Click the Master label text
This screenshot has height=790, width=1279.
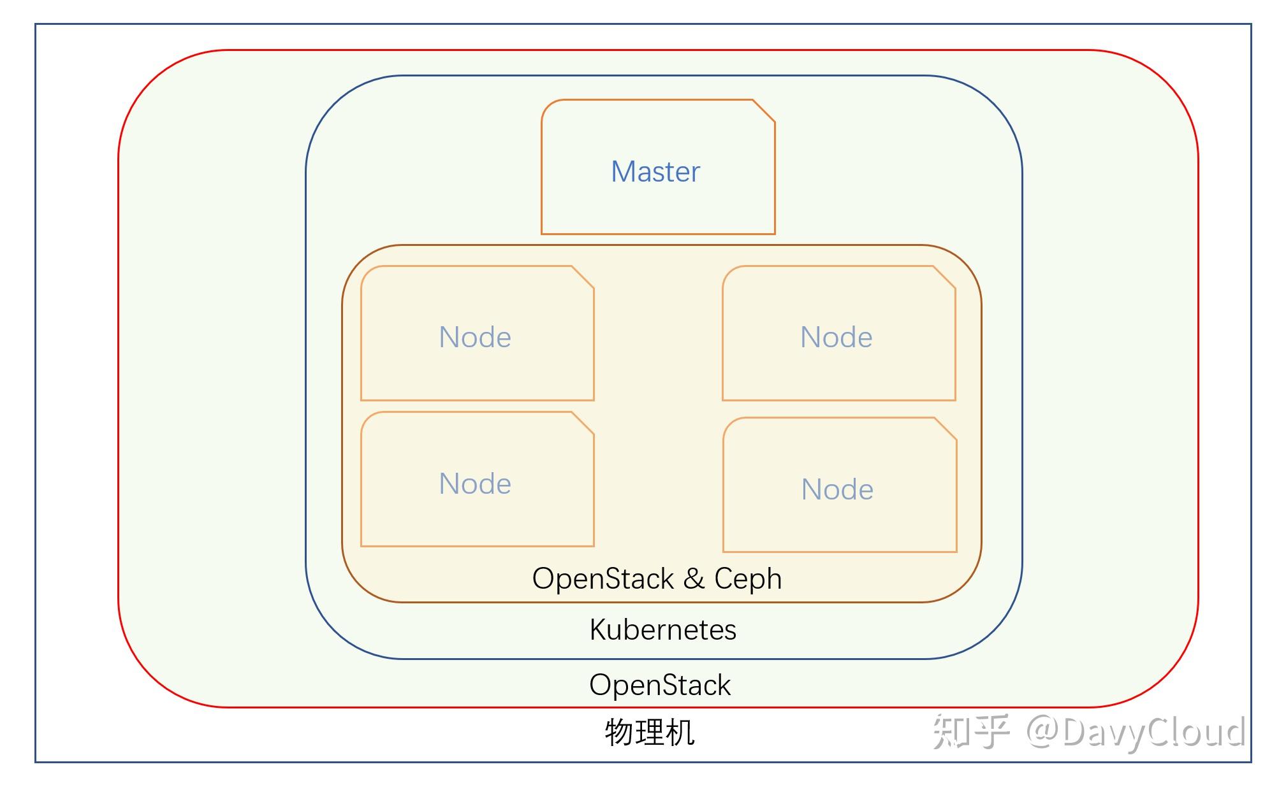[655, 172]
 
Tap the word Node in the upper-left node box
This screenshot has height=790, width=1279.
[475, 337]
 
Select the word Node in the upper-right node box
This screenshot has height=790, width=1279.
[836, 337]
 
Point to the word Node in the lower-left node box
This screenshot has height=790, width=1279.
[475, 484]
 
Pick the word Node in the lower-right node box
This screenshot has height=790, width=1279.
[837, 489]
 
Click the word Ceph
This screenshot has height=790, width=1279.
[747, 578]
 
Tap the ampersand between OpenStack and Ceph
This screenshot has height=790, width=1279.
[694, 578]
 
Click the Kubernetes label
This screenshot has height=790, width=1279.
[662, 629]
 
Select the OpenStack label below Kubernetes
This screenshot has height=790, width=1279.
[660, 685]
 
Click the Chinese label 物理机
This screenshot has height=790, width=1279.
[649, 732]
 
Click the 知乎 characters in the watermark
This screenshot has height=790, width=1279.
[971, 731]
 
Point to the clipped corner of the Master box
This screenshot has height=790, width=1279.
[764, 110]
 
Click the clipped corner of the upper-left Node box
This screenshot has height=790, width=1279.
[583, 277]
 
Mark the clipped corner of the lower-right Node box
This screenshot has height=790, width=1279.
[946, 429]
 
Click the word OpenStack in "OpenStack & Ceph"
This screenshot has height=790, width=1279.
[603, 578]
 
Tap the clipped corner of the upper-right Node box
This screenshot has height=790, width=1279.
[944, 277]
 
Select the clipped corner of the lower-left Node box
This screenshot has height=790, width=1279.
[583, 423]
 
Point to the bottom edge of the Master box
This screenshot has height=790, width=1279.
[658, 234]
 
